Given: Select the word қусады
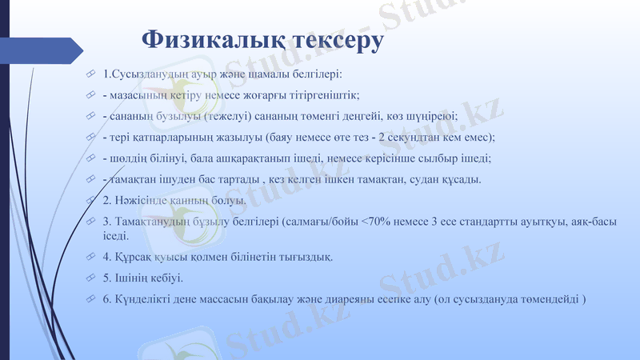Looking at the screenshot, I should [460, 178].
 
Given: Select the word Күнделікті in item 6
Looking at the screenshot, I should [146, 298].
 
